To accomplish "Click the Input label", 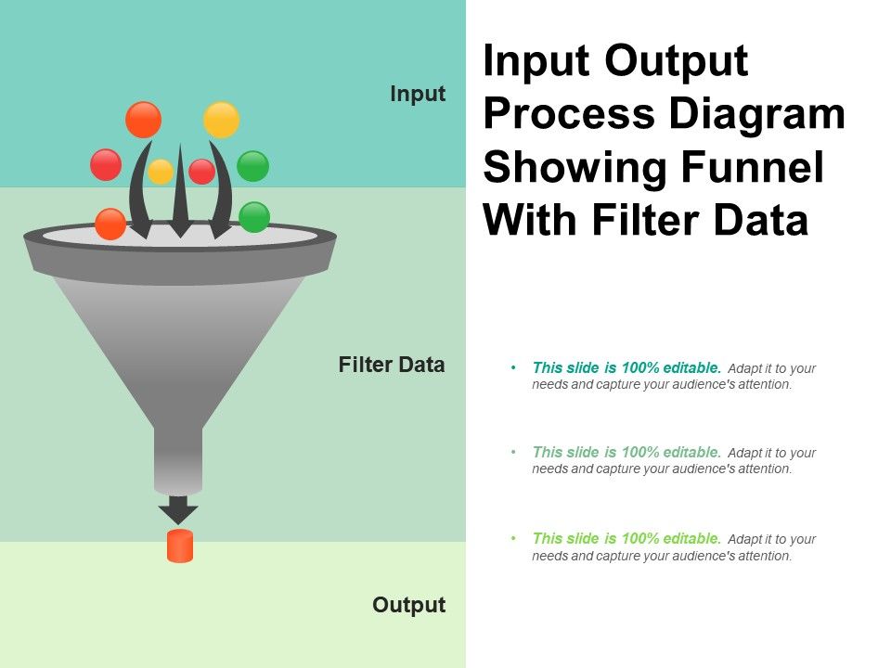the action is pos(418,94).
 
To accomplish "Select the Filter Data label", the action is pos(392,365).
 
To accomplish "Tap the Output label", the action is pos(408,605).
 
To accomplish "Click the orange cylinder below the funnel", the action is pos(180,546).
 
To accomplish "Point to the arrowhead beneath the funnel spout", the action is pos(178,509).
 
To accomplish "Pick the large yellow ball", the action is pos(222,120).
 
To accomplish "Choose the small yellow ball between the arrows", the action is pos(161,172).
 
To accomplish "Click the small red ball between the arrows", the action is pos(201,172).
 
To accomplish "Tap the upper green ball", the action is pos(252,166).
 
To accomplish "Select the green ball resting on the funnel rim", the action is pos(254,217).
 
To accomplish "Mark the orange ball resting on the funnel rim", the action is pos(110,224).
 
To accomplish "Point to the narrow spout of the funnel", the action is pos(178,459).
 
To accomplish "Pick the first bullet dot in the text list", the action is pos(514,367).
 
